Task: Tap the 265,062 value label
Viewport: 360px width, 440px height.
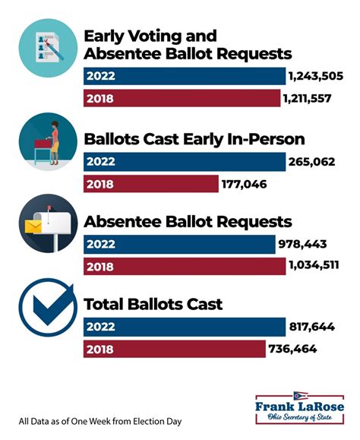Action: [x=312, y=161]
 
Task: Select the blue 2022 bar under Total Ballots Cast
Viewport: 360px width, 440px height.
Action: [x=183, y=328]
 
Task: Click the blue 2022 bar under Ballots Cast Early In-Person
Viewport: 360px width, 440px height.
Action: [x=183, y=161]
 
